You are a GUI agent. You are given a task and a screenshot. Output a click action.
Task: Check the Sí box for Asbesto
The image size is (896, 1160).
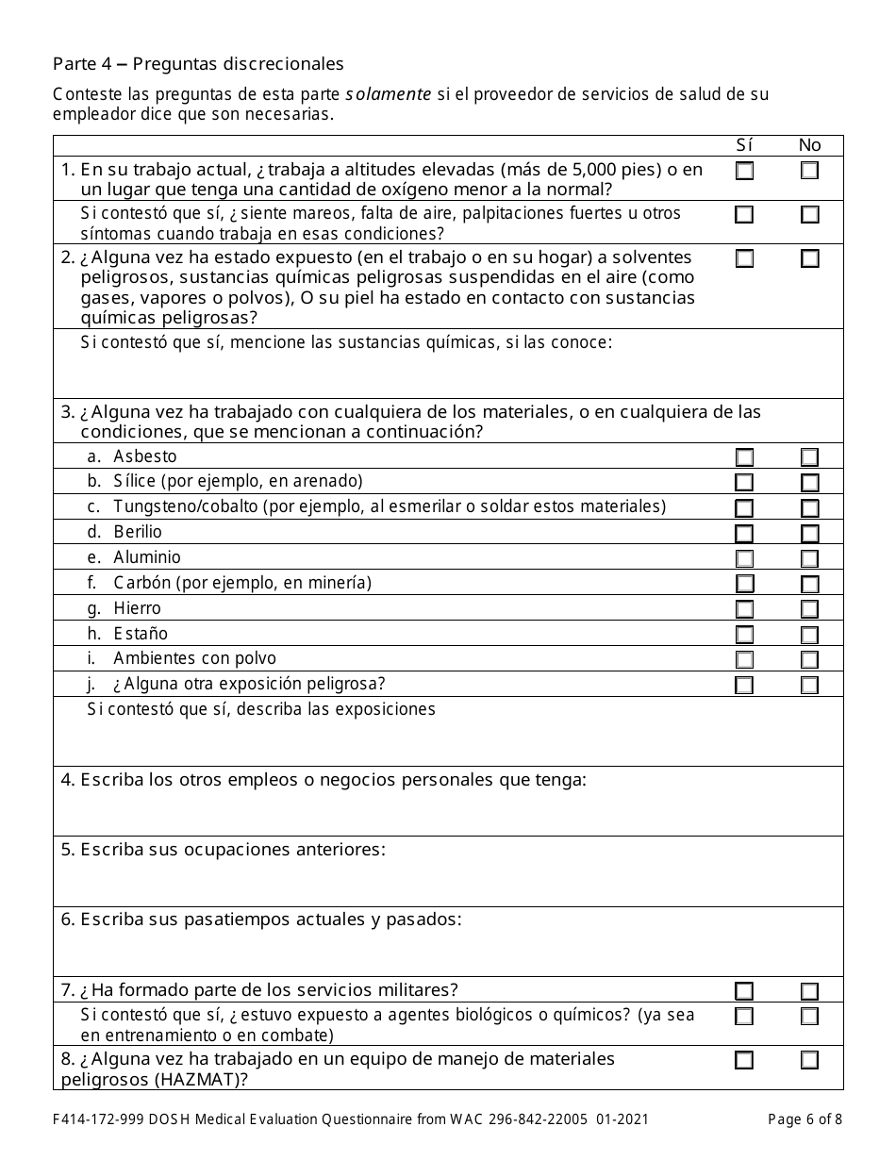744,457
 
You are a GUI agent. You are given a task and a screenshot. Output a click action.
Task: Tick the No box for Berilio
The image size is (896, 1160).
809,534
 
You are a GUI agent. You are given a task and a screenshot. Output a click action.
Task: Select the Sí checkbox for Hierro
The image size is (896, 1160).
744,609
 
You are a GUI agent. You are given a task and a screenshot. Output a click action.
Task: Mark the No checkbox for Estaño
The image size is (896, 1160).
809,635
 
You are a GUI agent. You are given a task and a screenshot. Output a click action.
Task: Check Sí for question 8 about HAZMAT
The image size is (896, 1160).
744,1060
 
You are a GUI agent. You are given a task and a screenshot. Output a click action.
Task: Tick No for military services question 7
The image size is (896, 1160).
809,991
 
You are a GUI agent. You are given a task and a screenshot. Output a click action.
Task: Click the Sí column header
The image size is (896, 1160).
744,145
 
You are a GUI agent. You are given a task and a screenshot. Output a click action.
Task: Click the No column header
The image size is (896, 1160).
809,145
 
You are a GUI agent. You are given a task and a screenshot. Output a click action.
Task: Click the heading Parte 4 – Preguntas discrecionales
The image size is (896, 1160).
198,64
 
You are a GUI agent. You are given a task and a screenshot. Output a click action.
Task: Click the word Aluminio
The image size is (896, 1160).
147,557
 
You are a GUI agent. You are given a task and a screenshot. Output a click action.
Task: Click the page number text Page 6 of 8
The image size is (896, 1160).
805,1119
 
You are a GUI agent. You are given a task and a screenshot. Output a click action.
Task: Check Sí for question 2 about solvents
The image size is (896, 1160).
744,258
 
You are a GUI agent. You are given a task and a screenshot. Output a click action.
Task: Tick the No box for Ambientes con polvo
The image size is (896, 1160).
809,659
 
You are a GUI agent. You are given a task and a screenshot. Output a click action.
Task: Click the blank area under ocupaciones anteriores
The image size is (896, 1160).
448,884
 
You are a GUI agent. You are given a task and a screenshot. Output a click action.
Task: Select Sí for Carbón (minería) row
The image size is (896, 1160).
744,584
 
